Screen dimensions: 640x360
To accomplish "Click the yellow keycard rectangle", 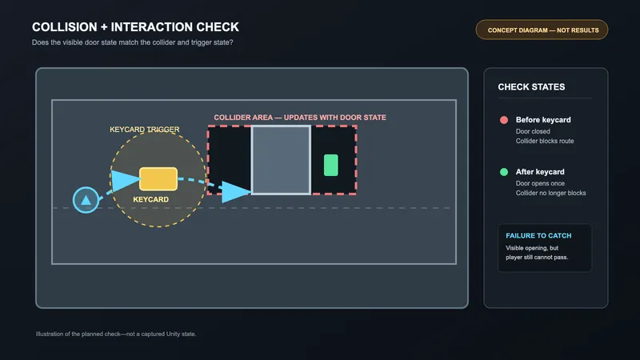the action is pos(158,178).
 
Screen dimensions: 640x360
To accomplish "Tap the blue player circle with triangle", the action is pos(86,200).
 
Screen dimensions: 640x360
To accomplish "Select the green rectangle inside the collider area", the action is pos(330,165).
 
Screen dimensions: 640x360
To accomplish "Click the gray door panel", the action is pos(281,160).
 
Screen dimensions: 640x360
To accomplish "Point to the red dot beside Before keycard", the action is pos(504,120).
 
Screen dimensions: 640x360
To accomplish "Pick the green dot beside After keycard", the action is pos(504,172).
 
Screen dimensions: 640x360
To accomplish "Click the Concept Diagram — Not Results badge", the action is pos(542,30).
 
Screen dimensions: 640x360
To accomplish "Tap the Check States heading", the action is pos(531,87).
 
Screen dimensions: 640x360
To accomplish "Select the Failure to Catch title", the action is pos(538,235).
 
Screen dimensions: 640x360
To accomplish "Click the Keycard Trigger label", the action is pos(145,130).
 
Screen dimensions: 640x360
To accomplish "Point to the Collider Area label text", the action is pos(300,118).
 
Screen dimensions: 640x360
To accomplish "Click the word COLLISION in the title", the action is pos(65,27).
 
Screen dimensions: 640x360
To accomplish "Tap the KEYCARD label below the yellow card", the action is pos(150,199).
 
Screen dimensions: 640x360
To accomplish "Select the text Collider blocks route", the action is pos(545,141).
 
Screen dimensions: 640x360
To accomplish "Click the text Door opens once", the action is pos(540,183).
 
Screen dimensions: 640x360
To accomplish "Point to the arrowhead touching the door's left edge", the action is pos(236,192).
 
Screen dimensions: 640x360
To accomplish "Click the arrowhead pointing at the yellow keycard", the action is pos(126,181).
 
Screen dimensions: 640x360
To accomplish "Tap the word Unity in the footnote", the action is pos(173,334).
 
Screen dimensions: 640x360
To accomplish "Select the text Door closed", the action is pos(533,131).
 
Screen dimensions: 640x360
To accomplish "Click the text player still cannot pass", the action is pos(537,257).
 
